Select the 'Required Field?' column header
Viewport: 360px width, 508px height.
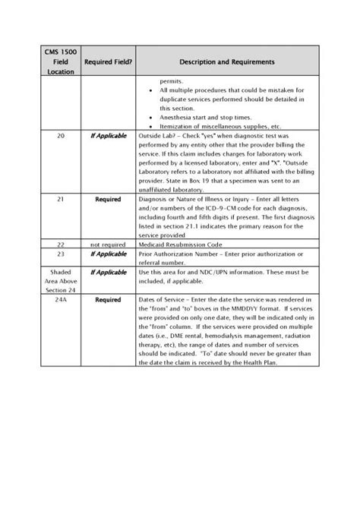click(x=109, y=61)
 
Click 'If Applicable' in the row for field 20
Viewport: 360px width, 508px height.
click(x=109, y=134)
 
